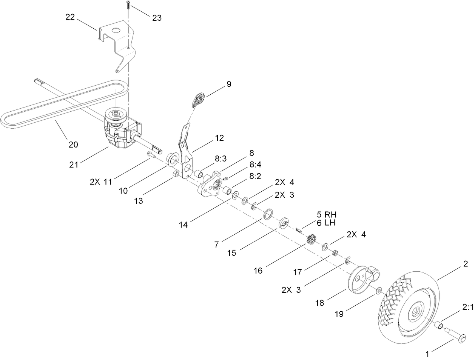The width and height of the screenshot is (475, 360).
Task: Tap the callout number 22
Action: (x=71, y=17)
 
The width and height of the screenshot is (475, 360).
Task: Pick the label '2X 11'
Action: (x=101, y=182)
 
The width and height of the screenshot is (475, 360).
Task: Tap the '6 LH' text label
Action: (x=326, y=223)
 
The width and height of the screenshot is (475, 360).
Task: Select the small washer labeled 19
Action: (x=379, y=291)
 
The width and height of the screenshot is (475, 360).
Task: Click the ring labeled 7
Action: (x=268, y=215)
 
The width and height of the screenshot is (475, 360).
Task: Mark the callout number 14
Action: (x=184, y=225)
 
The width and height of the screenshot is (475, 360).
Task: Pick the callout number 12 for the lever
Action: (x=219, y=138)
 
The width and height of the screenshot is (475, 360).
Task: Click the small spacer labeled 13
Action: (x=176, y=174)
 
